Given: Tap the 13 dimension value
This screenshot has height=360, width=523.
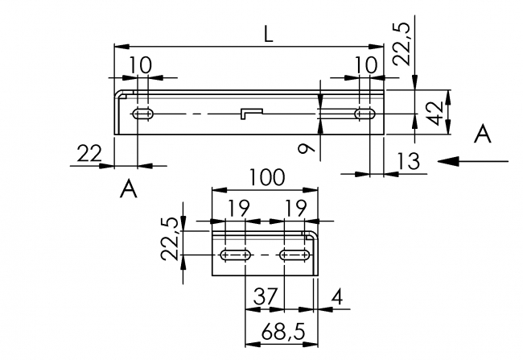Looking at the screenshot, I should pos(408,161).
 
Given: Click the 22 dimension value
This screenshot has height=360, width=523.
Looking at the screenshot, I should pos(88,152).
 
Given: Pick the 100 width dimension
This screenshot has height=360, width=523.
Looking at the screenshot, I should pos(266,177).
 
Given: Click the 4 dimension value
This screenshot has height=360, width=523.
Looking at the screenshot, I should pos(336,296).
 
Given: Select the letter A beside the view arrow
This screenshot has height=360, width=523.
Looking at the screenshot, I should pos(482,134).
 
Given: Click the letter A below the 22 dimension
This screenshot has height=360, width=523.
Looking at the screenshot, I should pos(127,190).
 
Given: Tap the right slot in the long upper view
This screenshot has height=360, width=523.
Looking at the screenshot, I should pos(366,114).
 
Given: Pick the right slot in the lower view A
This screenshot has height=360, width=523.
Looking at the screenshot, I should pos(294,255).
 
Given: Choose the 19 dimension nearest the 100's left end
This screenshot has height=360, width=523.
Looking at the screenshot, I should pos(237,209).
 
